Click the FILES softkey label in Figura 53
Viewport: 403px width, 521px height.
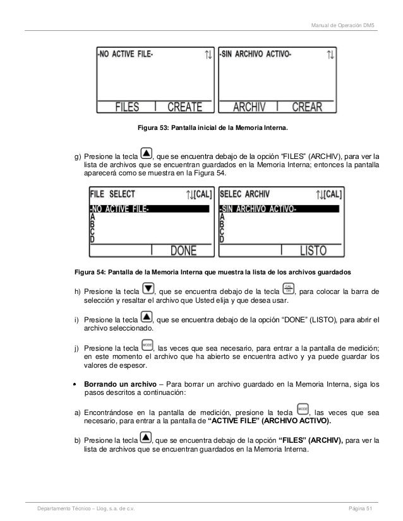tap(126, 107)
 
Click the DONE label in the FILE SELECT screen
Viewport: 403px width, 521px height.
tap(184, 251)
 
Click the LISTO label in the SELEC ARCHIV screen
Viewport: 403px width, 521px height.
tap(313, 251)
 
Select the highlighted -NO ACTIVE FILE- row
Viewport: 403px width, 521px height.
tap(149, 209)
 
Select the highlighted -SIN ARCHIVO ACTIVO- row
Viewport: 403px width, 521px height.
tap(279, 209)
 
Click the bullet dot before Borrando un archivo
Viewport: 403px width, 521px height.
tap(76, 383)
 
